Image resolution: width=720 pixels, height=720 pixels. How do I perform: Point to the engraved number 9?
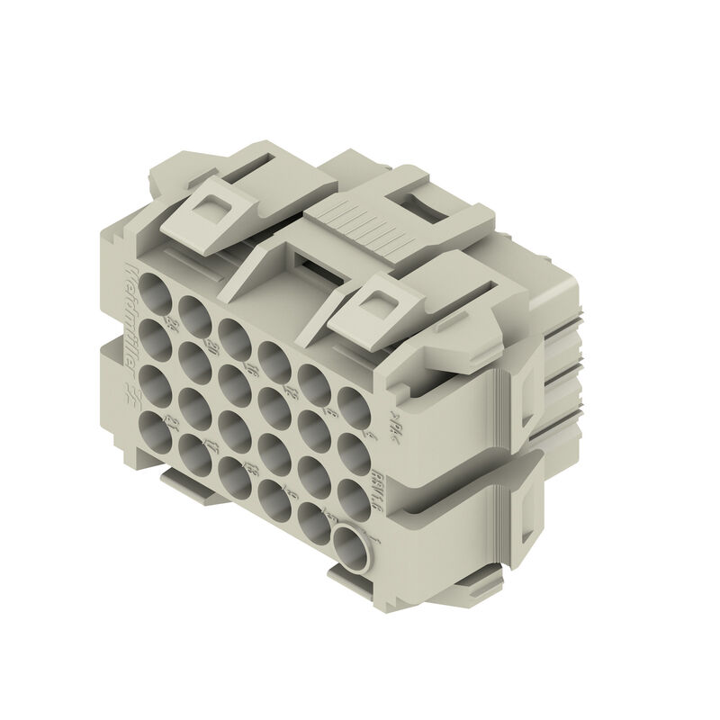[x=297, y=490]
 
